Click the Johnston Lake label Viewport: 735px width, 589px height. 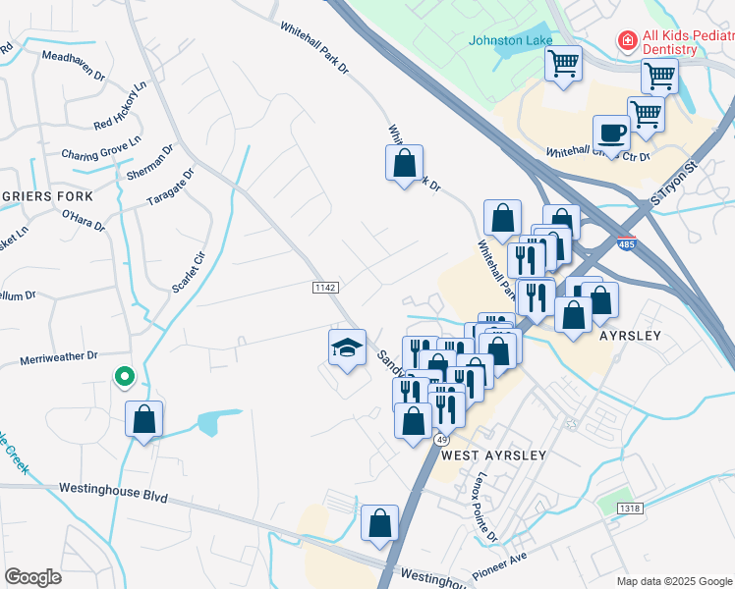click(510, 40)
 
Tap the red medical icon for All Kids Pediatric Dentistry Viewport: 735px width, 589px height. click(625, 40)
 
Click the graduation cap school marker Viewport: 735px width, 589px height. click(347, 348)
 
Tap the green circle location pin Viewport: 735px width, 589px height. click(124, 376)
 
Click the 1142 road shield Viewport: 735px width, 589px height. click(325, 287)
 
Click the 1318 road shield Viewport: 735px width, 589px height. click(630, 508)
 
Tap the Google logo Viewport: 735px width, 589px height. click(33, 577)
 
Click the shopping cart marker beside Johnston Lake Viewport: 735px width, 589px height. click(563, 66)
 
